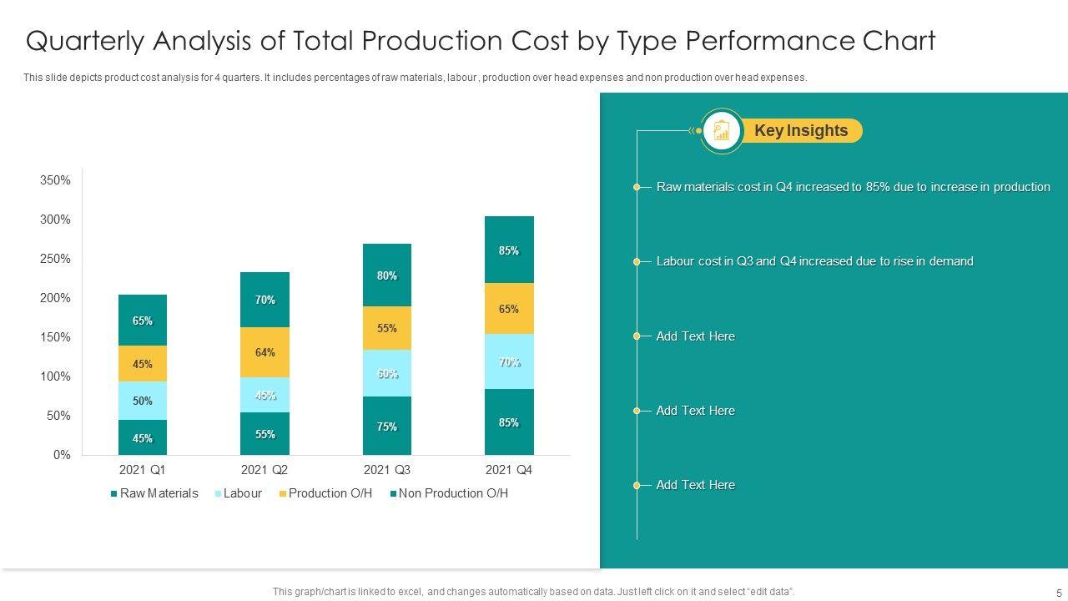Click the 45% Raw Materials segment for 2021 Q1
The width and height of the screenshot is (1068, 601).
pos(143,437)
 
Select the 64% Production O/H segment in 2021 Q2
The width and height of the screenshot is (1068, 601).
pos(265,352)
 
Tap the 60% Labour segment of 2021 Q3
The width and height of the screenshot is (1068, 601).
pos(387,373)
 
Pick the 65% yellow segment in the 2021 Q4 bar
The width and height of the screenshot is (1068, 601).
pos(509,309)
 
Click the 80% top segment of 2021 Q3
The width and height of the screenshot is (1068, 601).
pos(387,275)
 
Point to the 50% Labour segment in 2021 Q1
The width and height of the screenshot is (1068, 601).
pos(143,401)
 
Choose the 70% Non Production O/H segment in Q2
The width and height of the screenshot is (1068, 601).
pos(265,300)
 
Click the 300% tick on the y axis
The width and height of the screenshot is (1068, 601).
pos(56,220)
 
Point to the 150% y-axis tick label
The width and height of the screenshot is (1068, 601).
pos(56,337)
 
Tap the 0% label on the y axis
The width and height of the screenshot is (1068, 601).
pos(62,455)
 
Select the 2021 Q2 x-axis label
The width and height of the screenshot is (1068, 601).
pos(264,470)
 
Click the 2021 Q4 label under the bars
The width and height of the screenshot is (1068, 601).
pos(509,470)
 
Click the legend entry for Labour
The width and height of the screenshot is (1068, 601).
pos(239,493)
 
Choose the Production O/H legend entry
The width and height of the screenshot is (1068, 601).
pos(325,493)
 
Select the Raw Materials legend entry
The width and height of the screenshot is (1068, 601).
pos(154,493)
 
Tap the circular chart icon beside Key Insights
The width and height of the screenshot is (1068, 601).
pos(722,131)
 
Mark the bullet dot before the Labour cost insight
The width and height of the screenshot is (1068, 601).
pos(637,262)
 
